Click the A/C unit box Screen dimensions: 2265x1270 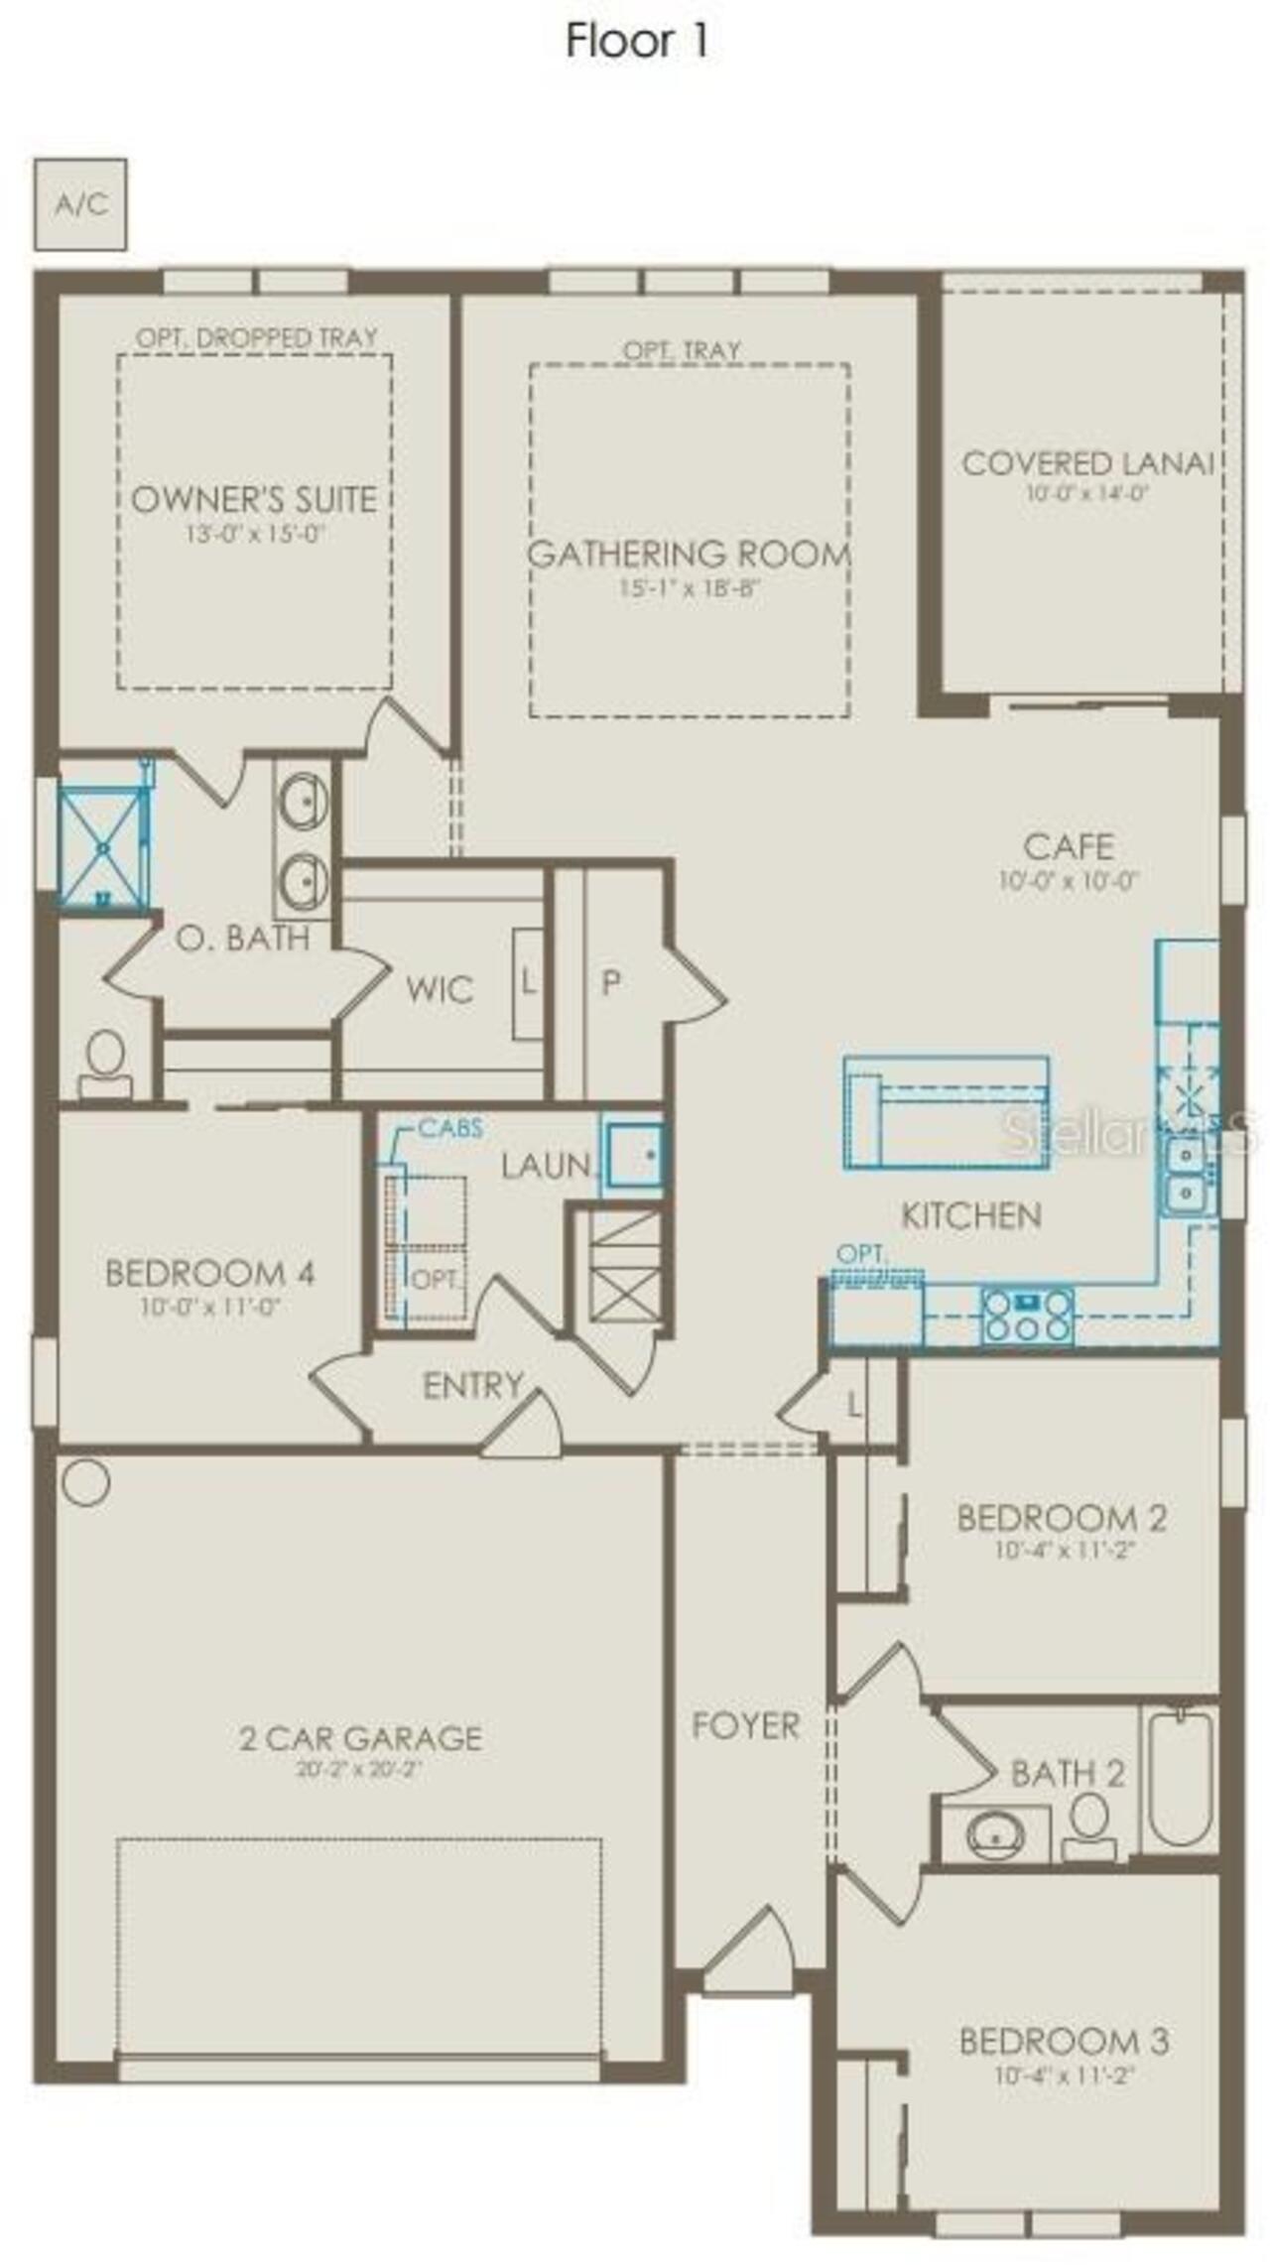(x=80, y=203)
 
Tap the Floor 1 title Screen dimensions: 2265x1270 (x=637, y=41)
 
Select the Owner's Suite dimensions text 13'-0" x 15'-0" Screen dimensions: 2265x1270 (x=255, y=534)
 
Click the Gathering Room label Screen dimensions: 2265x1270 (x=689, y=554)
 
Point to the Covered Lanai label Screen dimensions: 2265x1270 (x=1087, y=463)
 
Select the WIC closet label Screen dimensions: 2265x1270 (x=439, y=989)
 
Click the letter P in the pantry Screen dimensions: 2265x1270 (x=611, y=982)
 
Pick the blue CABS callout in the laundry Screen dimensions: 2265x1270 (x=450, y=1128)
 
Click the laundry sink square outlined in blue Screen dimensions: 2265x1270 (x=634, y=1155)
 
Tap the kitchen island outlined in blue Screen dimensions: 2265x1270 (x=946, y=1113)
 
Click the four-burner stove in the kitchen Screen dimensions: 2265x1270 (x=1027, y=1315)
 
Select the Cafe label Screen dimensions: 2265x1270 (x=1068, y=846)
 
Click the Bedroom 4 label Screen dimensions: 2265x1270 (x=210, y=1273)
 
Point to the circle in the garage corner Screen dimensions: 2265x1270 (x=85, y=1482)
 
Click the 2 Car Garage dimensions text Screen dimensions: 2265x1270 (x=359, y=1769)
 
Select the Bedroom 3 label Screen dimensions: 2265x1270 (x=1064, y=2041)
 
